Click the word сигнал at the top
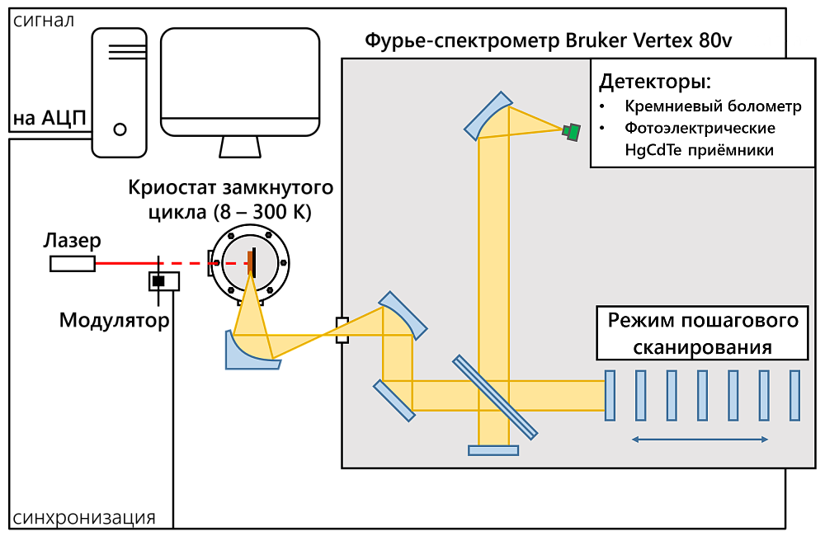782,41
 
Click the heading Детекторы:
654,82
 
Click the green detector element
572,131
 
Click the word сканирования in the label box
702,347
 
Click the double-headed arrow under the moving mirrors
700,440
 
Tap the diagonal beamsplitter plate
495,397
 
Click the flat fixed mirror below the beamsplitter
493,450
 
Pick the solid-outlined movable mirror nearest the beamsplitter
610,396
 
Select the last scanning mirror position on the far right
794,396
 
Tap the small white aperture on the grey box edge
342,330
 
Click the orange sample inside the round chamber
250,262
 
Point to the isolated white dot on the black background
120,129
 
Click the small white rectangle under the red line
164,281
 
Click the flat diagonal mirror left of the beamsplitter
394,401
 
